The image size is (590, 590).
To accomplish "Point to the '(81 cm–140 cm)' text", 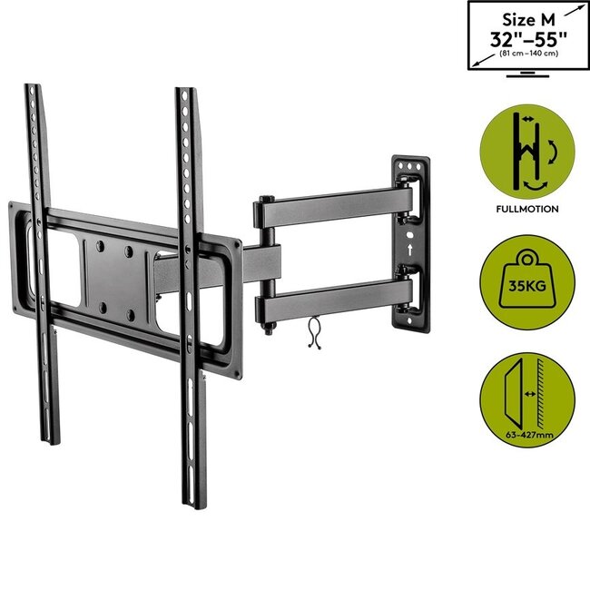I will [527, 55].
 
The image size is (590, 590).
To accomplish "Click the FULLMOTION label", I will [527, 208].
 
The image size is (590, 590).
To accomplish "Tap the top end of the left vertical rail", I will [34, 91].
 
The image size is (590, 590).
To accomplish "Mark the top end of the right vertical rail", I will [186, 94].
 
